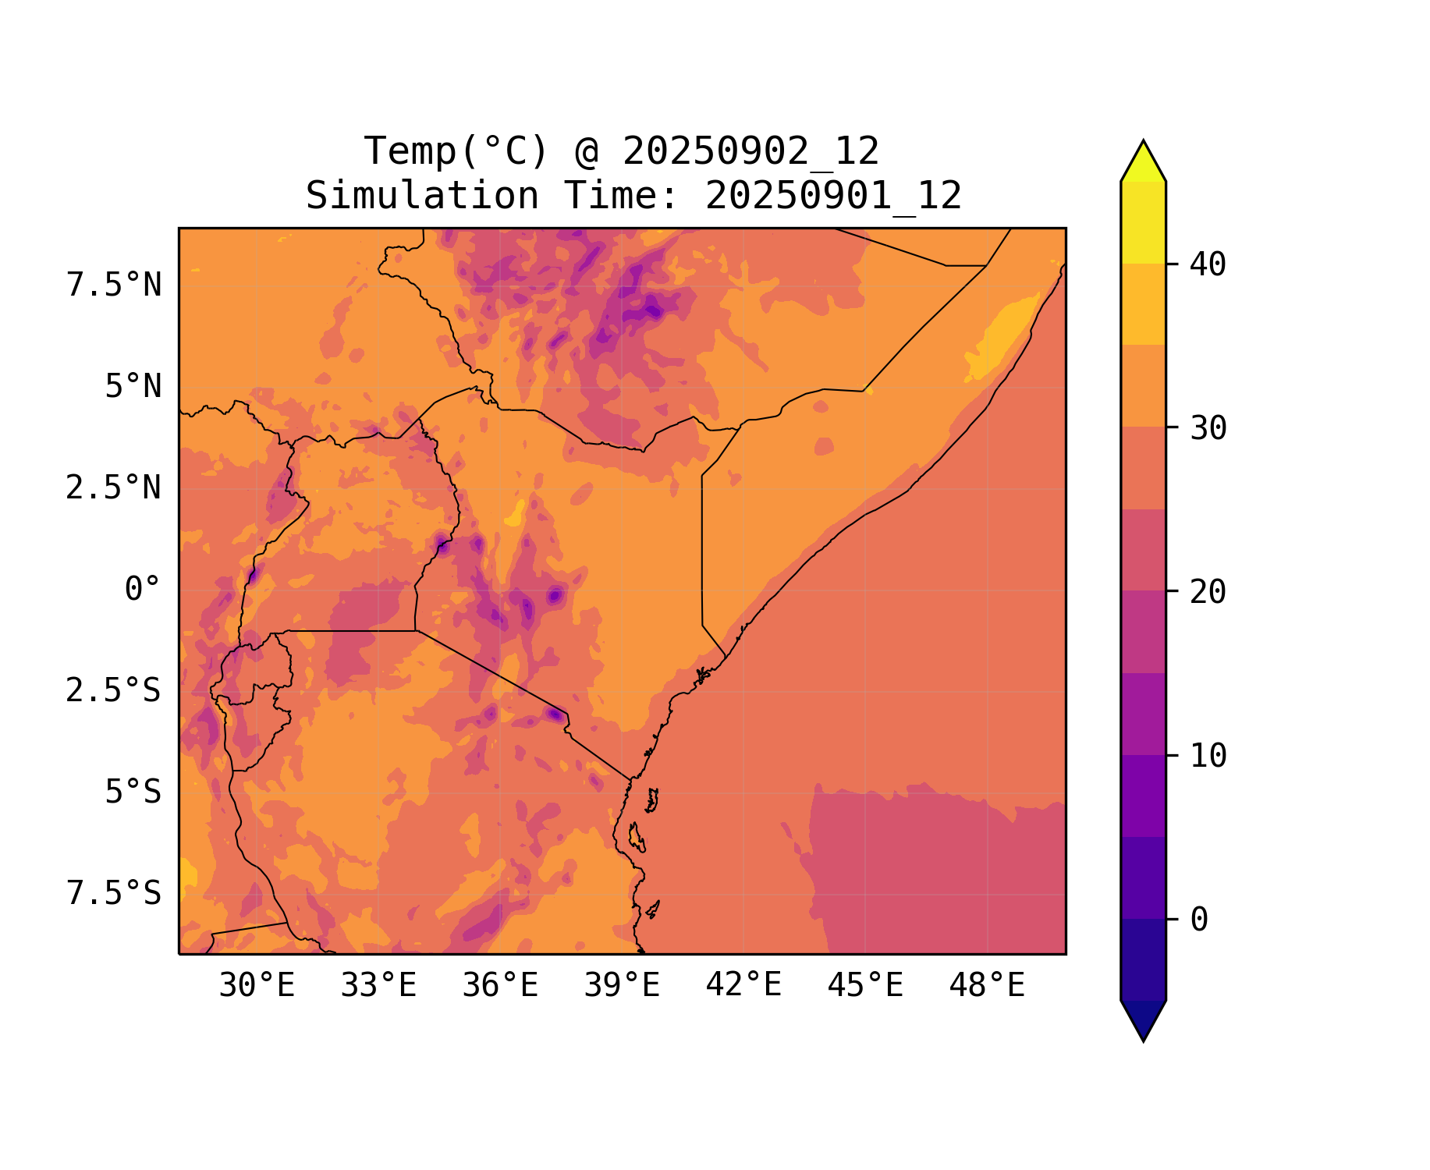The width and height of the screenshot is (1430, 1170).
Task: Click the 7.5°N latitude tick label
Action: click(114, 285)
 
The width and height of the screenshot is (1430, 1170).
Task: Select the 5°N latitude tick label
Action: click(133, 387)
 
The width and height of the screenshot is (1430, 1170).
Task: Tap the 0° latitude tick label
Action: click(143, 590)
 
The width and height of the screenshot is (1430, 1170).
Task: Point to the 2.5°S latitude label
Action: click(114, 691)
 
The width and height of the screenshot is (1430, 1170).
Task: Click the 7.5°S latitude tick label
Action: click(114, 894)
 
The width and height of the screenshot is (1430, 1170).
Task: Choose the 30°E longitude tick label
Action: click(257, 986)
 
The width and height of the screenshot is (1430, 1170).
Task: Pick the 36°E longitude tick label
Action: click(500, 986)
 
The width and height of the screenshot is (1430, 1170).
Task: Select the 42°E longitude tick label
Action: click(743, 985)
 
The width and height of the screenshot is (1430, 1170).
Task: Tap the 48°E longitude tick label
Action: click(987, 986)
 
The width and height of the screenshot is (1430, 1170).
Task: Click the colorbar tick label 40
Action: click(1208, 264)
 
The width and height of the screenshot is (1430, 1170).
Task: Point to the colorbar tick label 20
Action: click(1208, 592)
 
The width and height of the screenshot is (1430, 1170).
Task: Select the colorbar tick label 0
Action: click(1199, 920)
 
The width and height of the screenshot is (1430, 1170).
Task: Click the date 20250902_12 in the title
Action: click(750, 151)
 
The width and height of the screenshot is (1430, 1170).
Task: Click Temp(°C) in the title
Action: click(456, 151)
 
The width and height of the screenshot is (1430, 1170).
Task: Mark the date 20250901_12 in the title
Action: click(833, 196)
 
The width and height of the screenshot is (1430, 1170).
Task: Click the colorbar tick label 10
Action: click(1208, 756)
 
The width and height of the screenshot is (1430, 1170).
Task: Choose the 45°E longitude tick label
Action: click(865, 986)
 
